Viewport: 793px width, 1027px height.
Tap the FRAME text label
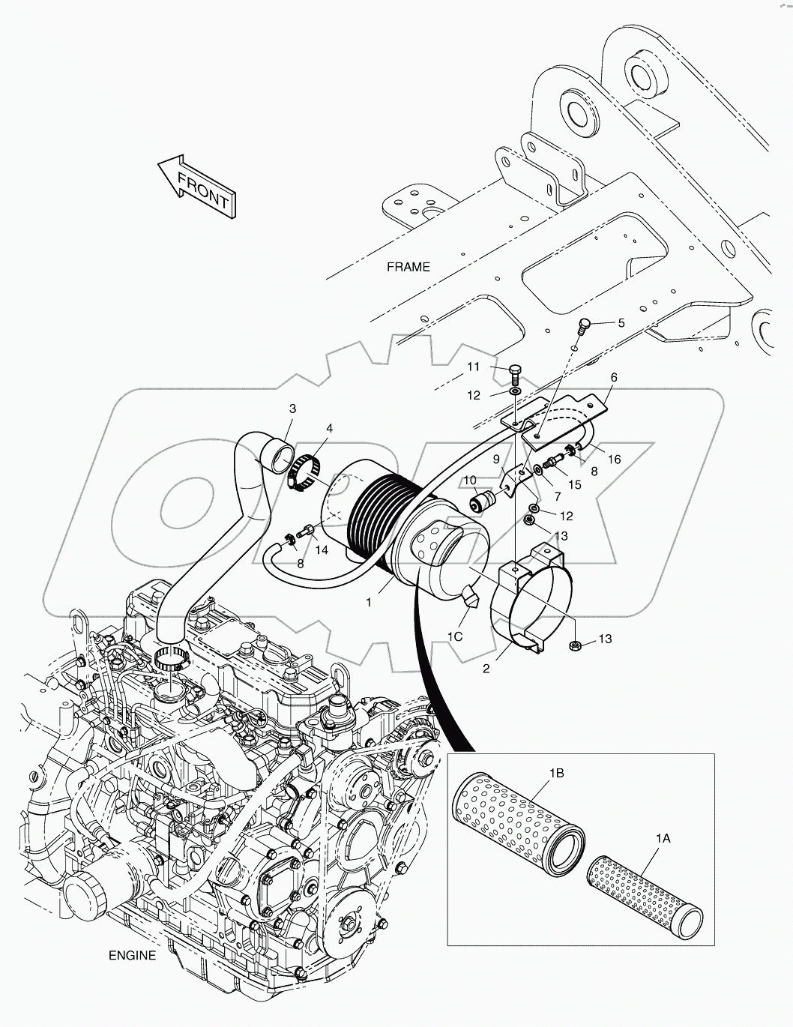408,267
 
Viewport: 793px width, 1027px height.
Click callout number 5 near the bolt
621,323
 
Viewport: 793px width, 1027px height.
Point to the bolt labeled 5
585,325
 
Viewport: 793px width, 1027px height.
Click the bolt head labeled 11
514,370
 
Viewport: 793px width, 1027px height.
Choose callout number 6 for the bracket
613,378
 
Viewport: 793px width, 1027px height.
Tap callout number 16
614,460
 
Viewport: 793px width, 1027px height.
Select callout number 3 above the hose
292,409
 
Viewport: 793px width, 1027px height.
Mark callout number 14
322,550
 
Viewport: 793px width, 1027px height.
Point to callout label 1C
455,636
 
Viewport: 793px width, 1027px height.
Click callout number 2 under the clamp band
486,669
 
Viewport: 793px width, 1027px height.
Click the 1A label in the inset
662,840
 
